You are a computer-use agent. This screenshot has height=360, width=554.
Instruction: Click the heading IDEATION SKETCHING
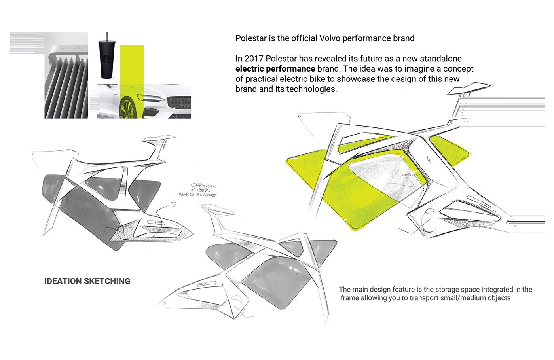pos(87,281)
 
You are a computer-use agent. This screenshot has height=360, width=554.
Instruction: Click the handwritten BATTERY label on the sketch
pos(410,175)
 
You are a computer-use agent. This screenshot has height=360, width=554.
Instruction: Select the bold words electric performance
pos(275,69)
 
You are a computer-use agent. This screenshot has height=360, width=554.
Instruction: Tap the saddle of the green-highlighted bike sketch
pos(469,89)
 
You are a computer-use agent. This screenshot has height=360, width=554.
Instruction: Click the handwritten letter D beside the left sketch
pos(173,205)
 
